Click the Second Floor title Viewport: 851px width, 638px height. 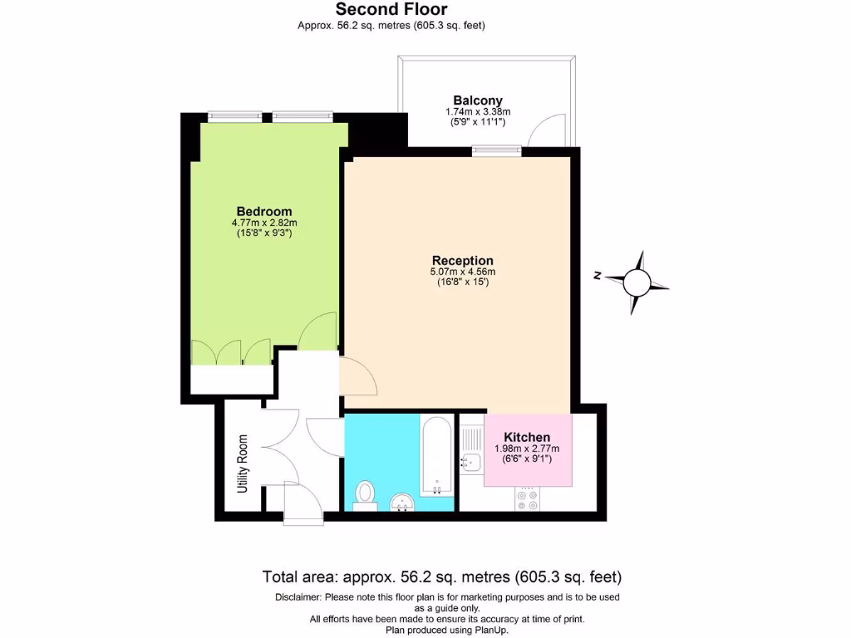[x=391, y=10]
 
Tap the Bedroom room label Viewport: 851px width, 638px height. [x=263, y=211]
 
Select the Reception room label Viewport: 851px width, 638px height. [x=462, y=260]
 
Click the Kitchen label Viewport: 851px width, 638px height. [x=528, y=438]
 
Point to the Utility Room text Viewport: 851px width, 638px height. [x=243, y=464]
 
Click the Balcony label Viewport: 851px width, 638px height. [x=477, y=101]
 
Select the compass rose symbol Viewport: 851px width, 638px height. [x=637, y=282]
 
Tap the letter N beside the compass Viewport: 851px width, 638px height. [x=598, y=277]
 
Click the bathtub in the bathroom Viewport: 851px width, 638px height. [x=436, y=458]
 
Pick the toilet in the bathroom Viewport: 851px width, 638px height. [x=364, y=493]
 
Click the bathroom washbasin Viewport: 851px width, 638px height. [x=401, y=502]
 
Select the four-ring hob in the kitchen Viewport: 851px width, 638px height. [x=528, y=499]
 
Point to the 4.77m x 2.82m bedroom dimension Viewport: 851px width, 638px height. [x=263, y=223]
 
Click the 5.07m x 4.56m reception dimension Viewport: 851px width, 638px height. [x=462, y=272]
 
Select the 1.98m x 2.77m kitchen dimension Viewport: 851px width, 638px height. [x=528, y=449]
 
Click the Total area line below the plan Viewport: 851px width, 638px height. [x=441, y=577]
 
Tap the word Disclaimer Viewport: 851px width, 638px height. [x=298, y=597]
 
